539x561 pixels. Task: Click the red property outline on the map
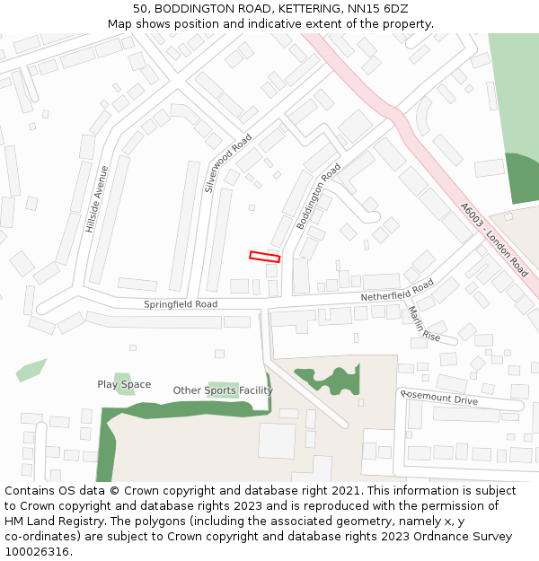(x=264, y=257)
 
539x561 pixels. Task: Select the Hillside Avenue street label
(x=97, y=199)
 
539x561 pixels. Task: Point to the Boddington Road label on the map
(x=319, y=196)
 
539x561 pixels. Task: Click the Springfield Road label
(x=181, y=304)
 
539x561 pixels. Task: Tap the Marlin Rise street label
(x=424, y=324)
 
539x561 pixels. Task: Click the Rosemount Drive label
(x=440, y=398)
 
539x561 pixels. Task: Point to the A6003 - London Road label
(x=494, y=238)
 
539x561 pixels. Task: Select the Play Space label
(x=124, y=384)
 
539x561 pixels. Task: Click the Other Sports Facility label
(x=223, y=390)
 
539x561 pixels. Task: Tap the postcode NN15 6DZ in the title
(x=376, y=8)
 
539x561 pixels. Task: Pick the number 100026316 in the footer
(x=39, y=551)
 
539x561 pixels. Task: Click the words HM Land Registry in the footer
(x=56, y=521)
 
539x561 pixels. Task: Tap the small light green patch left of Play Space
(x=31, y=369)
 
